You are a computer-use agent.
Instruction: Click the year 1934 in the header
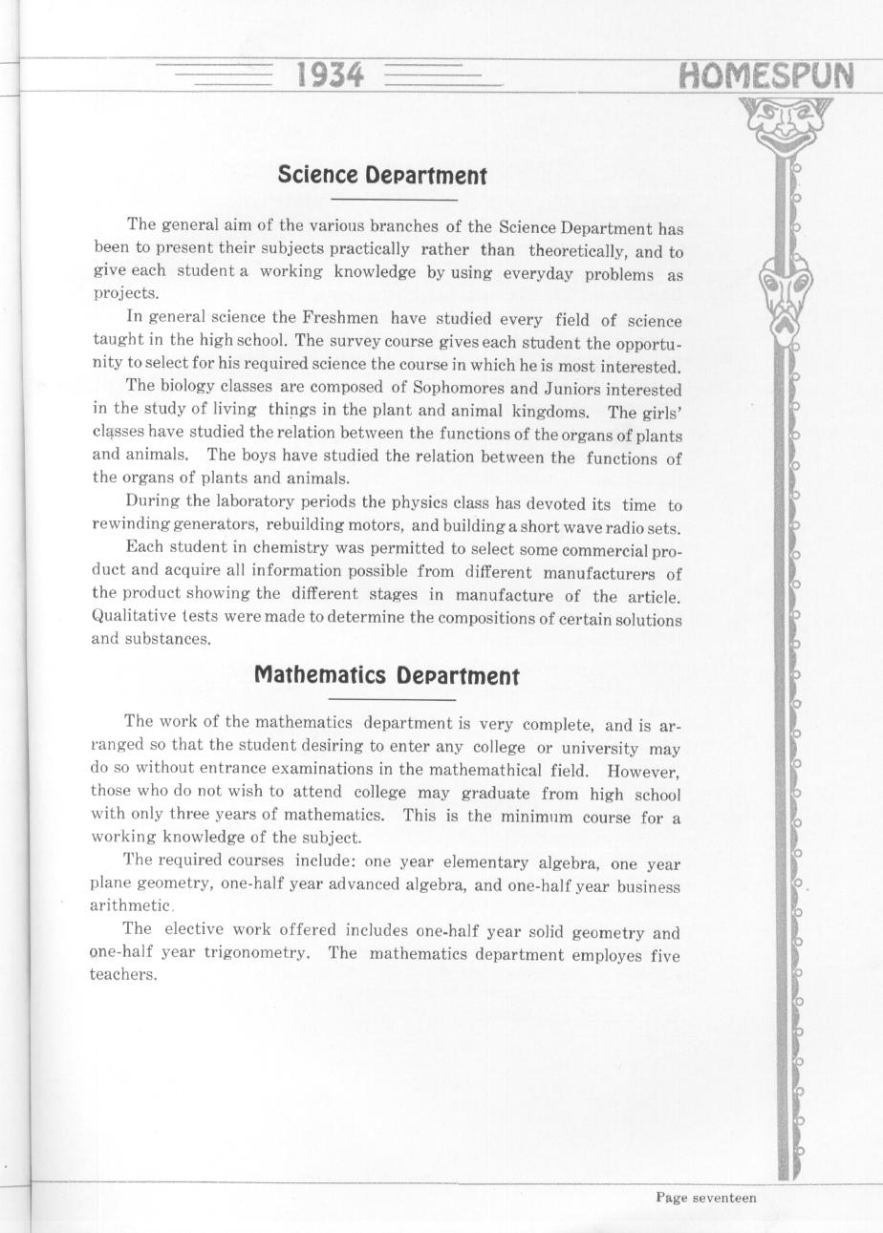tap(331, 74)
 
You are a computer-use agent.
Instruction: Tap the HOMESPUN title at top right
tap(765, 75)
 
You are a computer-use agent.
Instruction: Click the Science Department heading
tap(382, 176)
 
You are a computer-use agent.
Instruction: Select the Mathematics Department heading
tap(386, 675)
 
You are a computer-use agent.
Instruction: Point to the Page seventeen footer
tap(705, 1198)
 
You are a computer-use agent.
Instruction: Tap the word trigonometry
tap(254, 953)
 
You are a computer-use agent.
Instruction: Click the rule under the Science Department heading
tap(394, 200)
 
